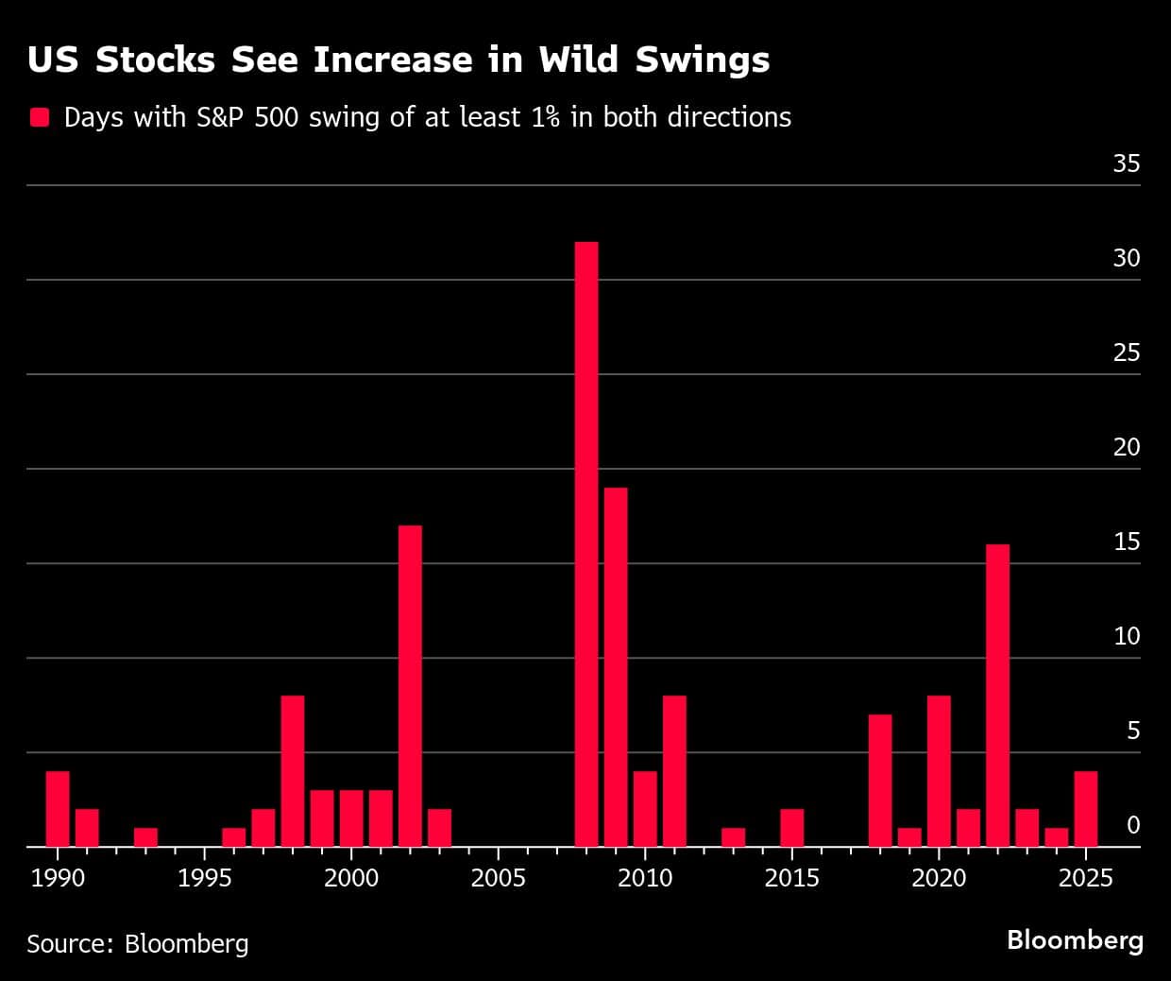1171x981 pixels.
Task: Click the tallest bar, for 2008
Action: coord(586,544)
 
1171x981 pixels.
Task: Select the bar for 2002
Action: coord(410,686)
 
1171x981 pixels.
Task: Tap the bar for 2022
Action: coord(997,696)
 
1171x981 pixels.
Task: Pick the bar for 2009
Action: coord(616,667)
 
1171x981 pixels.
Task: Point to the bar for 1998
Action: coord(293,771)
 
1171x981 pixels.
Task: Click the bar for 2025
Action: coord(1086,809)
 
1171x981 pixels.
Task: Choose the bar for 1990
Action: coord(58,809)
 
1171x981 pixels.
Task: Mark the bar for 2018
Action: coord(880,781)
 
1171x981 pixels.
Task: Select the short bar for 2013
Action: coord(733,837)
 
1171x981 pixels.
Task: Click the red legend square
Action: coord(40,117)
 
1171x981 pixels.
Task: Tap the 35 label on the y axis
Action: coord(1126,163)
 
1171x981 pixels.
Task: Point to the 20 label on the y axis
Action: coord(1126,447)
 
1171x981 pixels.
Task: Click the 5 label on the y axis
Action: coord(1133,731)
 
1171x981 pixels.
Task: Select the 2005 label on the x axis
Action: coord(498,878)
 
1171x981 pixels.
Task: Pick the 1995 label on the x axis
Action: coord(204,878)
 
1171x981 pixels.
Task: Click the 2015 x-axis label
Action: coord(791,878)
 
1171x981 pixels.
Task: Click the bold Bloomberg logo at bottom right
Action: coord(1075,940)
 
